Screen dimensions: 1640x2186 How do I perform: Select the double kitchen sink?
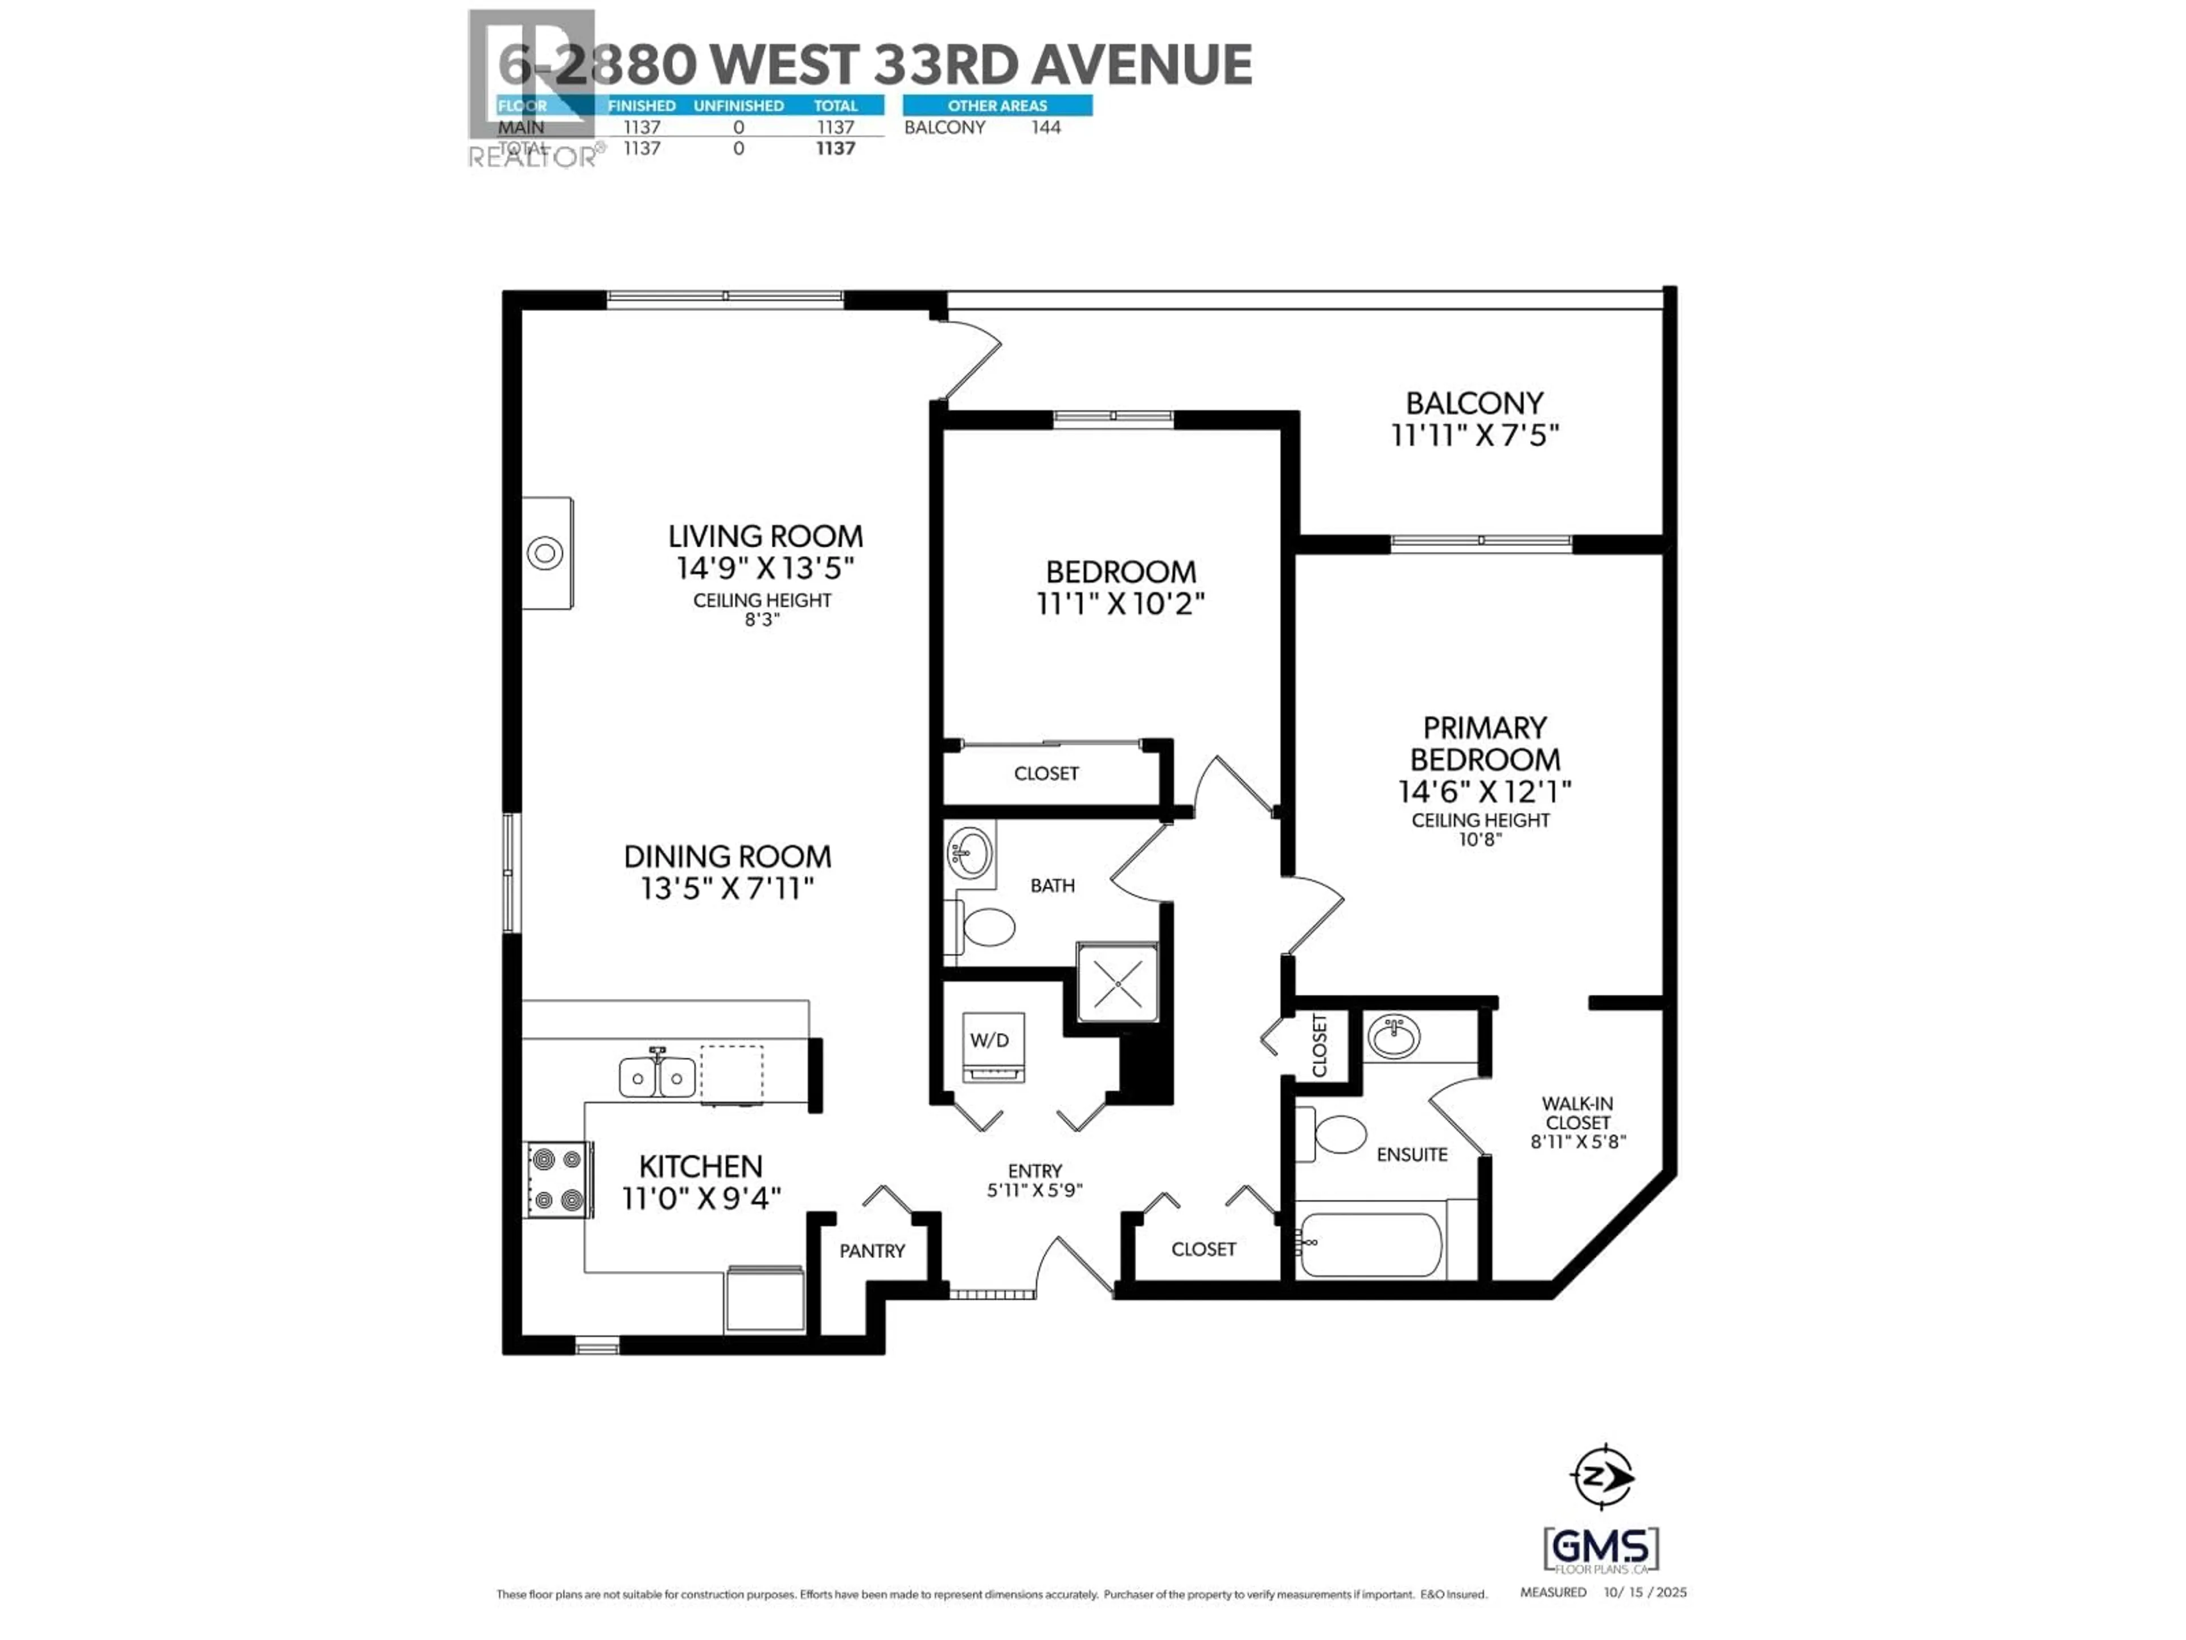point(656,1076)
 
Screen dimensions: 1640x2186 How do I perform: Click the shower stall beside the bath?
point(1117,983)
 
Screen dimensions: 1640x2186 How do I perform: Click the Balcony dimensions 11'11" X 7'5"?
point(1474,435)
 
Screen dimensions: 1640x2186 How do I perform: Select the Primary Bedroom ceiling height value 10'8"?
point(1480,839)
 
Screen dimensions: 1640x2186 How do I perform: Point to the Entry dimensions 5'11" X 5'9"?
point(1035,1190)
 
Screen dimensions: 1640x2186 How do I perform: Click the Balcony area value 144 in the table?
point(1046,128)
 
